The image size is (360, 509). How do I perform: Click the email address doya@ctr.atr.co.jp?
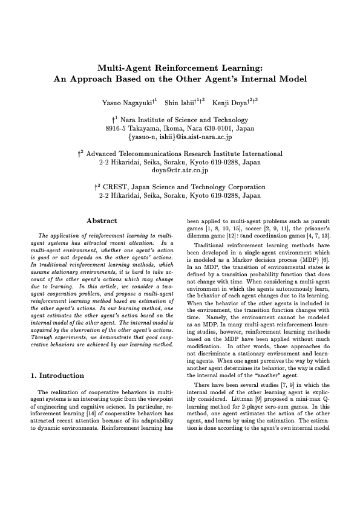[180, 171]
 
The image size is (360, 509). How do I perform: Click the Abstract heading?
[102, 221]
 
